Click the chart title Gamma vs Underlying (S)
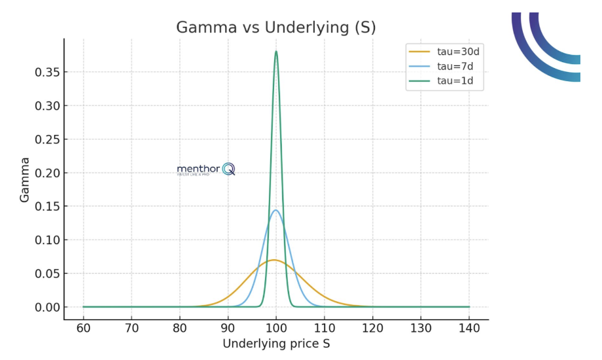pyautogui.click(x=275, y=27)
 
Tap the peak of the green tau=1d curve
pyautogui.click(x=276, y=52)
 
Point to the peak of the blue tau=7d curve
pyautogui.click(x=276, y=210)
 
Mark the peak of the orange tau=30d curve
pyautogui.click(x=275, y=260)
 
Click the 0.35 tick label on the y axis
pyautogui.click(x=47, y=72)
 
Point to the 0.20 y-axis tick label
pyautogui.click(x=47, y=173)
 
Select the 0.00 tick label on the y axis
pyautogui.click(x=47, y=307)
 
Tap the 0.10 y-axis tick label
pyautogui.click(x=47, y=240)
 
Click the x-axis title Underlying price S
pyautogui.click(x=275, y=344)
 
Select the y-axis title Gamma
pyautogui.click(x=25, y=179)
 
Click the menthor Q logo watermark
pyautogui.click(x=205, y=170)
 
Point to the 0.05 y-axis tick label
pyautogui.click(x=47, y=274)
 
